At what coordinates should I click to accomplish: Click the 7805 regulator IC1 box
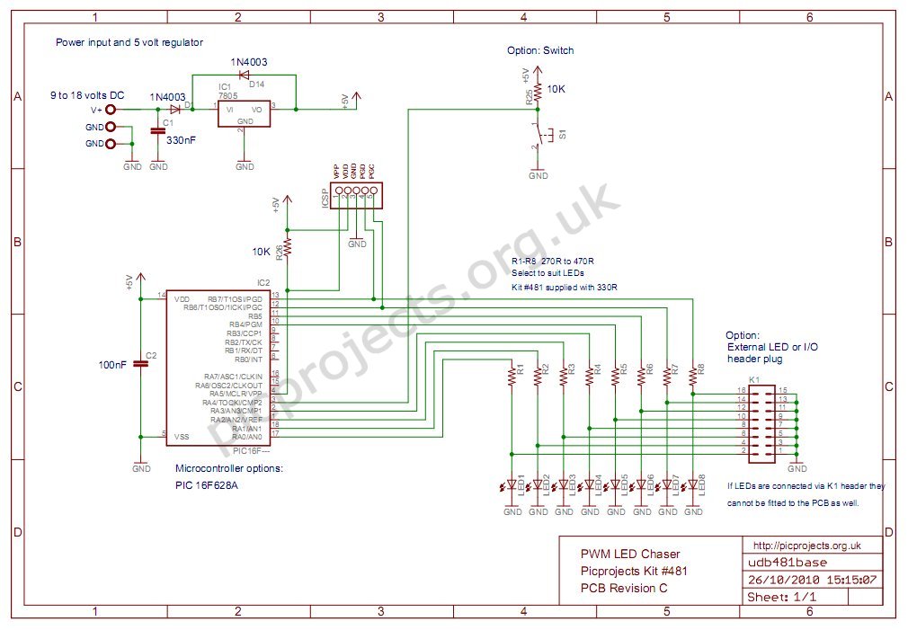pos(244,112)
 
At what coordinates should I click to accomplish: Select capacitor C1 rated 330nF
pos(158,131)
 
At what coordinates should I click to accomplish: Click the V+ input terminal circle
pos(111,111)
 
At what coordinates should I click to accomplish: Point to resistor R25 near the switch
pos(538,93)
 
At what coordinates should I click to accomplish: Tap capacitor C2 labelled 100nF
pos(141,364)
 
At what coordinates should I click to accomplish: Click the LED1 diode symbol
pos(512,486)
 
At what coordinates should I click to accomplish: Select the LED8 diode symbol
pos(693,486)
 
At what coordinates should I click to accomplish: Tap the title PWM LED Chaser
pos(630,554)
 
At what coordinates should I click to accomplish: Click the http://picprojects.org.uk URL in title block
pos(806,546)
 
